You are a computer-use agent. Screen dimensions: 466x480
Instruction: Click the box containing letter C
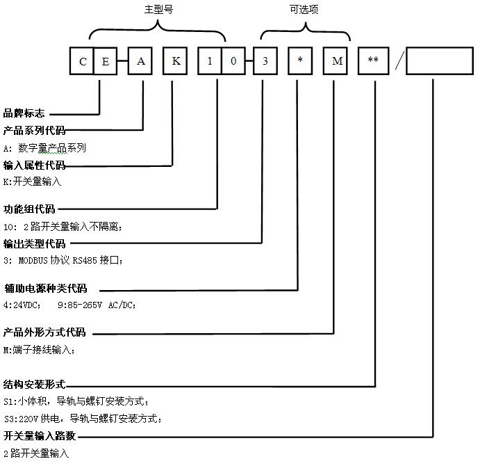[x=82, y=61]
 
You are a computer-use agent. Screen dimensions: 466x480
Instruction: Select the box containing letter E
[x=106, y=61]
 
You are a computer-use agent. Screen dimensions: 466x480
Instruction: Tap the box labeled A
[x=141, y=61]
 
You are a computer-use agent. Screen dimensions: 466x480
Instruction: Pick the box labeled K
[x=176, y=61]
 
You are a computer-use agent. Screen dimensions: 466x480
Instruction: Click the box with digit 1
[x=210, y=61]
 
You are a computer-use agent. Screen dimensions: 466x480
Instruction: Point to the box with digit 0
[x=234, y=61]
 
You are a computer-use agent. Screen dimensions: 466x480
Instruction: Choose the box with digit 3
[x=265, y=61]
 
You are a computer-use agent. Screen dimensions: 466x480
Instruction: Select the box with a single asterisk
[x=300, y=61]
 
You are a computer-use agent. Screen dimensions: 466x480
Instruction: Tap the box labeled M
[x=337, y=61]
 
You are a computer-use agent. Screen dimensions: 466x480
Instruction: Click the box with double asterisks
[x=373, y=61]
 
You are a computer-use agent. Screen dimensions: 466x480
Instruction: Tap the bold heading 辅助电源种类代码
[x=46, y=289]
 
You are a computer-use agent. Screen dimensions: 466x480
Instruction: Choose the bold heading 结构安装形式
[x=35, y=384]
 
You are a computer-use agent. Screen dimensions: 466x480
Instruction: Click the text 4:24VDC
[x=22, y=305]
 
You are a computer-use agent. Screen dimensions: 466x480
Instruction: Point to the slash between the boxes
[x=397, y=61]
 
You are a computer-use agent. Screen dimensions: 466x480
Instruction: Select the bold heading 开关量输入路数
[x=40, y=436]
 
